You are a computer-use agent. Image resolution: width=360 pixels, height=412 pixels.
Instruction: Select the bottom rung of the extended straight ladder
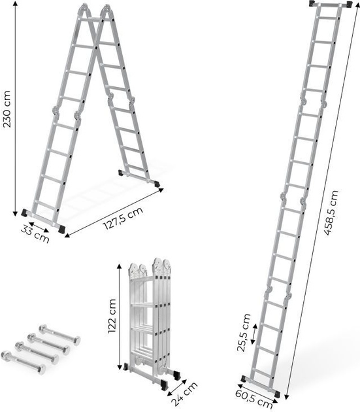(x=261, y=373)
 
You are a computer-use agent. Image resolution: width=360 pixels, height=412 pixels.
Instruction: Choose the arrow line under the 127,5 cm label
(x=113, y=209)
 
